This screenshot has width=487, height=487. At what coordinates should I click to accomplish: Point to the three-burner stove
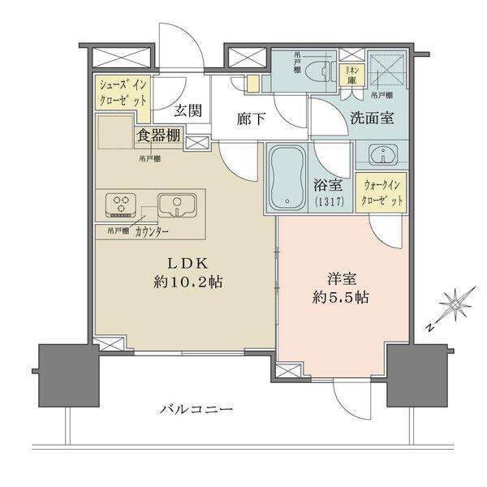click(120, 205)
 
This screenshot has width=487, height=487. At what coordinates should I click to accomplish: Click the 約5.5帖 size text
click(343, 297)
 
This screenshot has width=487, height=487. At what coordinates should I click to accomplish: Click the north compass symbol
click(453, 309)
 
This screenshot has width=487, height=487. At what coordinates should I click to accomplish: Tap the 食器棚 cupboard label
click(159, 136)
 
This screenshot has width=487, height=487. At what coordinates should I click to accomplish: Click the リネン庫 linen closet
click(351, 75)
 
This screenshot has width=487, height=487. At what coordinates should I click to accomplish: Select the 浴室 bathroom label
click(329, 186)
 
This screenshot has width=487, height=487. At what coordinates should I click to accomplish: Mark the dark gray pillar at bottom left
click(66, 370)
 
